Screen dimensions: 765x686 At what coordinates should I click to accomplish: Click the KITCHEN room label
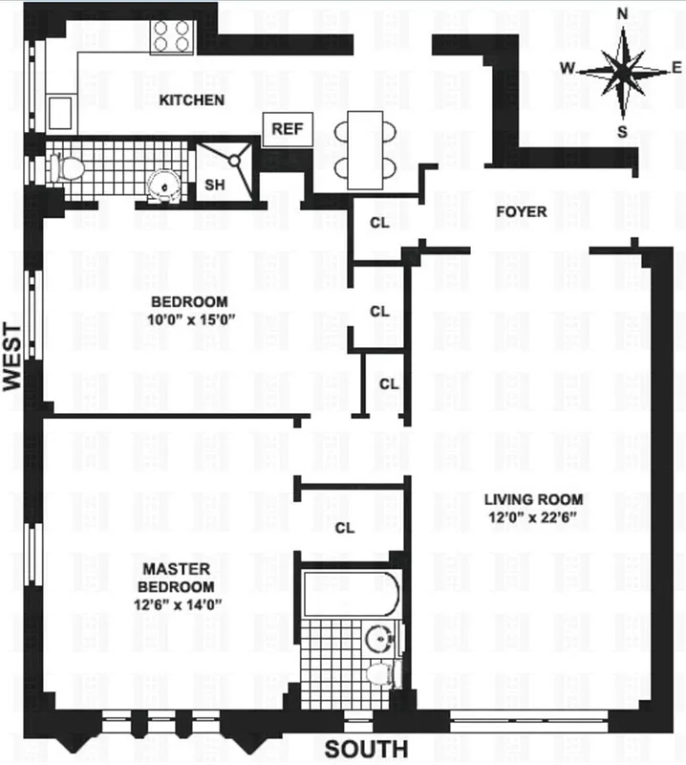[x=192, y=100]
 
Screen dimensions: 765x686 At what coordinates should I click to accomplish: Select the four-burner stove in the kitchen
[x=172, y=36]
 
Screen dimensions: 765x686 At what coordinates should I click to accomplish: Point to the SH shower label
[x=215, y=185]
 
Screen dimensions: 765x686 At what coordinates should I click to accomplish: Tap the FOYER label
[x=522, y=211]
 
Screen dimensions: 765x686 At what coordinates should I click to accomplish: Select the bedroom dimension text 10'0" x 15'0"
[x=191, y=320]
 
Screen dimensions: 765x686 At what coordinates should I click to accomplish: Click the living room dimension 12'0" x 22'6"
[x=533, y=517]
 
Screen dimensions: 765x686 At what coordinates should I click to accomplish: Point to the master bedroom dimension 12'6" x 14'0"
[x=179, y=603]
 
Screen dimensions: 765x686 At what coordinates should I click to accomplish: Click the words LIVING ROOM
[x=533, y=499]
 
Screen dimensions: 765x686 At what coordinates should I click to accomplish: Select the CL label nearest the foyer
[x=379, y=223]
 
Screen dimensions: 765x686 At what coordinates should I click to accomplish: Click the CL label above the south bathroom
[x=345, y=527]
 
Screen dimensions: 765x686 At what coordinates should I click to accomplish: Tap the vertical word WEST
[x=12, y=354]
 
